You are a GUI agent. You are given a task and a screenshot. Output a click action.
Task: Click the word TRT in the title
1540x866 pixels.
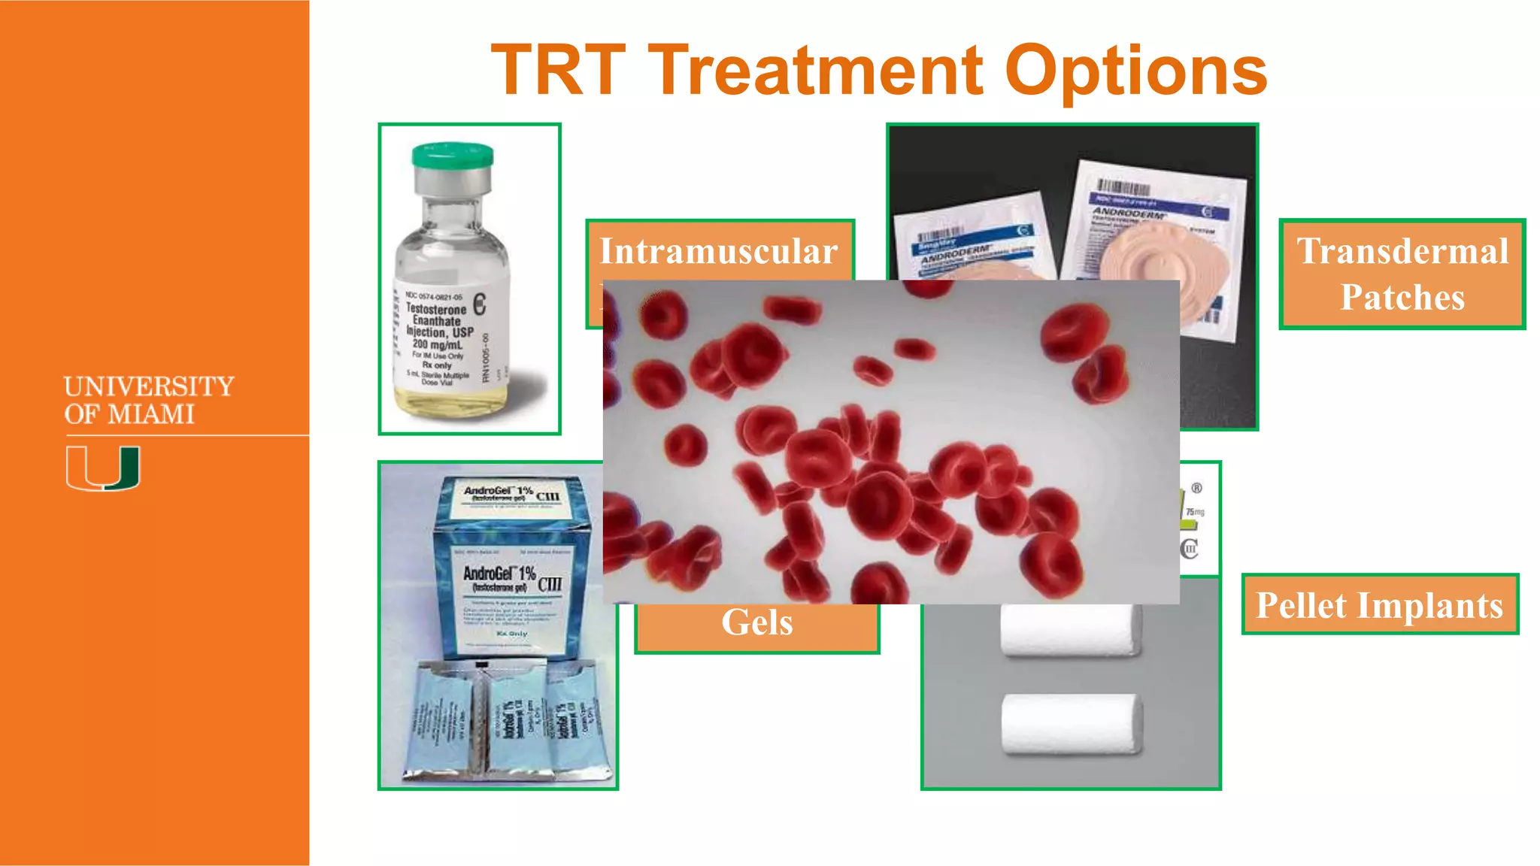tap(558, 71)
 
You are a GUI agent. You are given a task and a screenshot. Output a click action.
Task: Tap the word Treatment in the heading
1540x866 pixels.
tap(815, 71)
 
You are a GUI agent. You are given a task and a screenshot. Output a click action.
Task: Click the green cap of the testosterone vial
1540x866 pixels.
tap(453, 156)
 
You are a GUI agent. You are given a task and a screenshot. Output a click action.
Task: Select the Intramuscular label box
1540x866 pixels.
tap(719, 251)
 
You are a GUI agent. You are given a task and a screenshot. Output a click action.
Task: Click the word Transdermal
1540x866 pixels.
tap(1402, 251)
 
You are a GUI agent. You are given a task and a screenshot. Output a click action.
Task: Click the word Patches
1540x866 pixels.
tap(1402, 297)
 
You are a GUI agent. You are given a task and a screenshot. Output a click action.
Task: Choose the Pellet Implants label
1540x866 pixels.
tap(1379, 605)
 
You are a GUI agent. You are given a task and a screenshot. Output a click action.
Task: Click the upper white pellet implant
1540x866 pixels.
tap(1069, 630)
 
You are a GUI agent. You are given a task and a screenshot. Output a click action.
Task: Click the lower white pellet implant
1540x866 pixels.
tap(1071, 723)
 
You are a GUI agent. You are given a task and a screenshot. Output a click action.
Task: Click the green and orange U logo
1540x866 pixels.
tap(103, 468)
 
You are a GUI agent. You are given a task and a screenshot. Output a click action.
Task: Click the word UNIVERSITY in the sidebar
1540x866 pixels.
tap(149, 386)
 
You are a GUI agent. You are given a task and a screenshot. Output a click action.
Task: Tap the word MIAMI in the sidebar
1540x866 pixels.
tap(150, 414)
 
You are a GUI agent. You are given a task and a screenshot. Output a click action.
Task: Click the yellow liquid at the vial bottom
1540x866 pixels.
tap(451, 402)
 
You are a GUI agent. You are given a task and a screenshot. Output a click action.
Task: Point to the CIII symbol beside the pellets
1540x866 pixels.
tap(1189, 549)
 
